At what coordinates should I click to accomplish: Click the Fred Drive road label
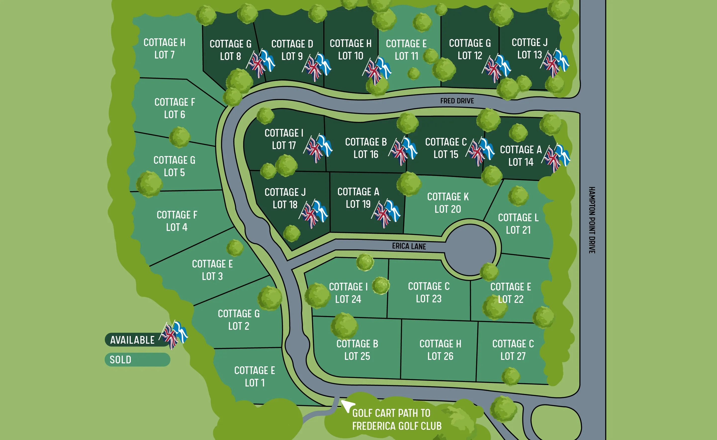457,101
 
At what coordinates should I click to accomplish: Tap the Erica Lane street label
409,246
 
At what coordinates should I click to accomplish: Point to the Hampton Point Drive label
592,220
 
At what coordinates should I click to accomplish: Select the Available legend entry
133,340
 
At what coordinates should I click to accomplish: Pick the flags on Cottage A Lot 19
386,213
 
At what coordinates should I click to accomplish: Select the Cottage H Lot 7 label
164,49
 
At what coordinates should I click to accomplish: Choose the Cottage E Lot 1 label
255,377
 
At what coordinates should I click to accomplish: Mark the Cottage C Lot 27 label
513,350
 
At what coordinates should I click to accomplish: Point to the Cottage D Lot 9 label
292,50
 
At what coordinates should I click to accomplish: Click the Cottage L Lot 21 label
518,224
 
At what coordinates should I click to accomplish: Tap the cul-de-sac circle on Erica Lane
470,250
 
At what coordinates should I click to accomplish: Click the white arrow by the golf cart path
348,406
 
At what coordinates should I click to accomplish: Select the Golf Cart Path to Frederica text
397,420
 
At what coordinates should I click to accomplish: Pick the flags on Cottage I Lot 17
318,148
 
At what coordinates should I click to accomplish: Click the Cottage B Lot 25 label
357,350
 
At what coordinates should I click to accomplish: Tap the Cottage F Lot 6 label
175,108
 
